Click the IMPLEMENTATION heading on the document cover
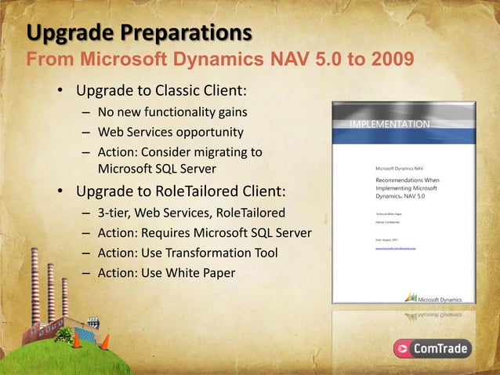[389, 125]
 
